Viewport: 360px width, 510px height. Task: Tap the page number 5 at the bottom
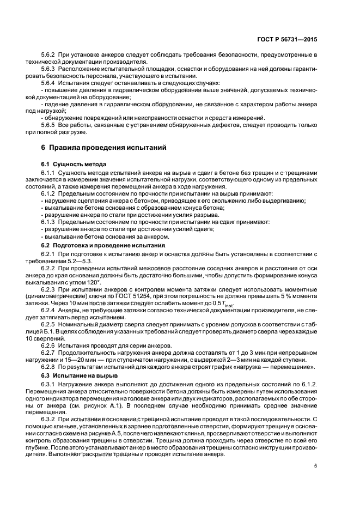[x=316, y=465]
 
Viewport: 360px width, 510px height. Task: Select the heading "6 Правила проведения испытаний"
[x=103, y=148]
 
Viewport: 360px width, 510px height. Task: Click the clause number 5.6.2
[x=49, y=56]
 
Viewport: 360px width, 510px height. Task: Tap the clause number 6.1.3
[x=49, y=222]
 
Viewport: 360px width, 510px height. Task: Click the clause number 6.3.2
[x=49, y=419]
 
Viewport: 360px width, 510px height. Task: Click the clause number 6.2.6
[x=49, y=346]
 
